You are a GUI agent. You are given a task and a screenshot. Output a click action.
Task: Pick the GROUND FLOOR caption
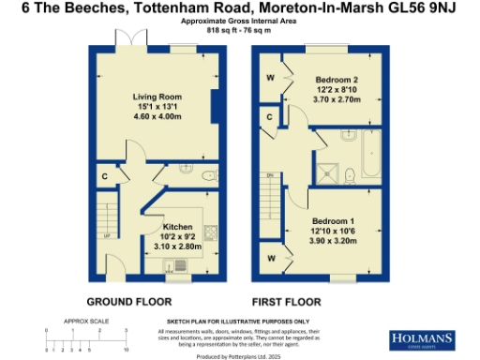tap(128, 302)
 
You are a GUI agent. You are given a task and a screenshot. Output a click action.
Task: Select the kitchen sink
tap(178, 262)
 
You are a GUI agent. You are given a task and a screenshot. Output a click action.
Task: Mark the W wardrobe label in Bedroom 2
tap(271, 77)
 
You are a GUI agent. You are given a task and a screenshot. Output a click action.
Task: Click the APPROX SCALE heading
tap(81, 321)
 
